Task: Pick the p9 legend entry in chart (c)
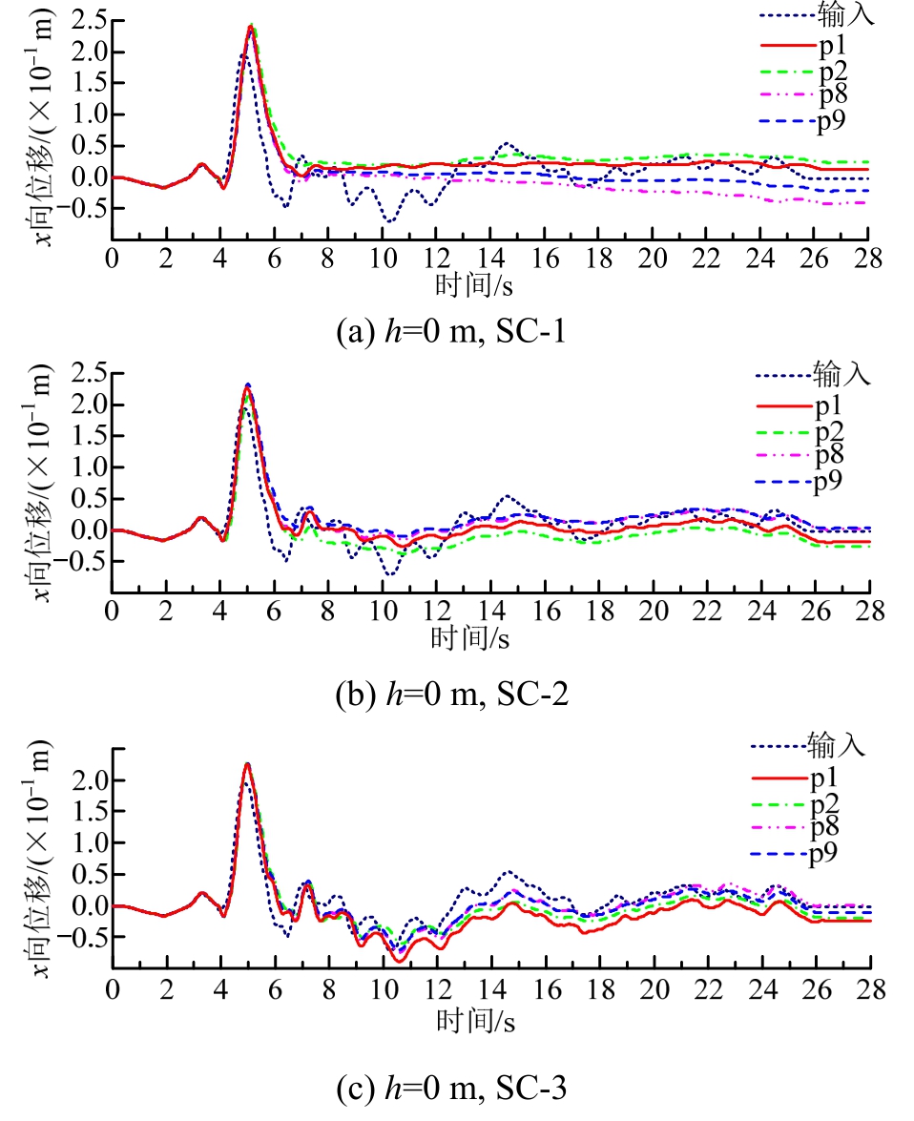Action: [825, 853]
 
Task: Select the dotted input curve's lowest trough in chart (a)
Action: [388, 221]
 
